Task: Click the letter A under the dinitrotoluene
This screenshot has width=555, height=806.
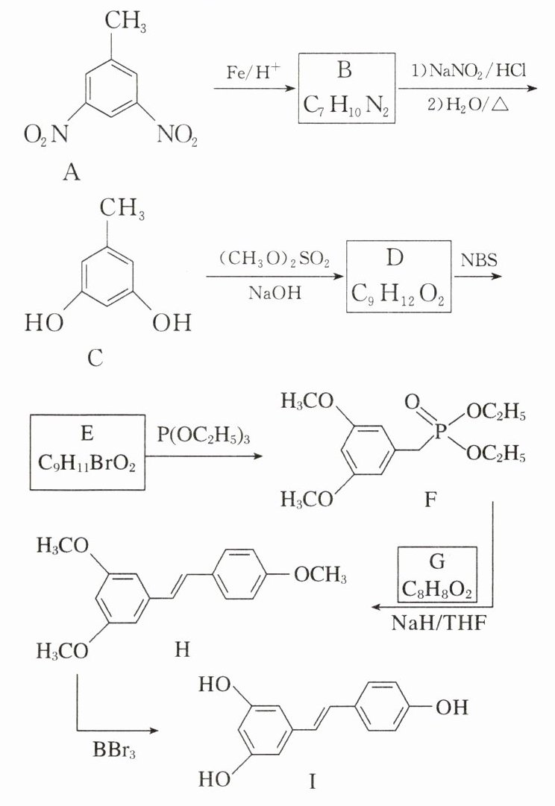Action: click(72, 174)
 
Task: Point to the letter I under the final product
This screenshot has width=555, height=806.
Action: click(313, 782)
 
